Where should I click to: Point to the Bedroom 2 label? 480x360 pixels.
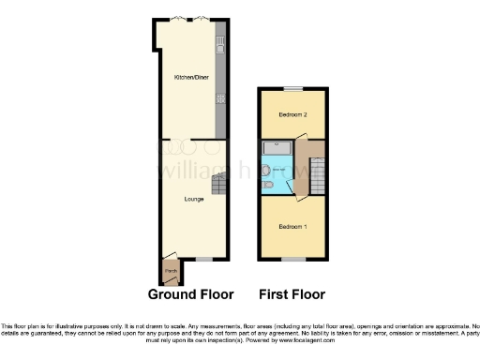click(x=293, y=114)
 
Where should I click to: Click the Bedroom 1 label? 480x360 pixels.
click(x=292, y=227)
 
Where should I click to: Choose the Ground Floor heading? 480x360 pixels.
click(x=190, y=294)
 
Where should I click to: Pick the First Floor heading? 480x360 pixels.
click(x=292, y=294)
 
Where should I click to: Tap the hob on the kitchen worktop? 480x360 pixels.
click(x=221, y=97)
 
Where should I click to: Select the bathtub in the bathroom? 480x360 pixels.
click(x=277, y=147)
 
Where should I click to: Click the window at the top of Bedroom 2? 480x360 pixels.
click(x=293, y=88)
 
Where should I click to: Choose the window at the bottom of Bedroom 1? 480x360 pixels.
click(x=293, y=258)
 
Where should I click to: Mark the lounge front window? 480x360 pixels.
click(x=202, y=258)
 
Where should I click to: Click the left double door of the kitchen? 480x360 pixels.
click(x=175, y=19)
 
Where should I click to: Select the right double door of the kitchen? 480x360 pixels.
click(x=202, y=19)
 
